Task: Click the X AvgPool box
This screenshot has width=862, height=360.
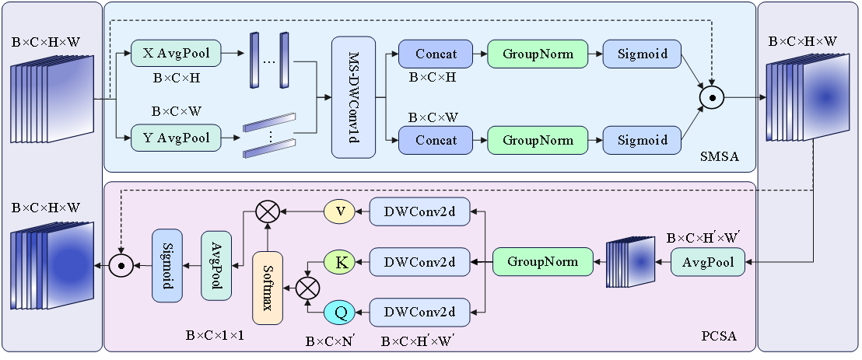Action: [177, 53]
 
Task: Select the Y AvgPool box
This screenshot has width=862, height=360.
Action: [177, 138]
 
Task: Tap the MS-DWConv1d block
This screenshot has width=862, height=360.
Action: [353, 96]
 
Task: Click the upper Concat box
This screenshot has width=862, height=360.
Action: [436, 54]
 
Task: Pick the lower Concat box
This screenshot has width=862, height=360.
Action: [436, 140]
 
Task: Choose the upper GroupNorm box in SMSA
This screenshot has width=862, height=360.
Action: [538, 54]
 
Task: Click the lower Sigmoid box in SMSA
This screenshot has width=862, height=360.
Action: [643, 140]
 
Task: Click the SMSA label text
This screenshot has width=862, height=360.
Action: [717, 159]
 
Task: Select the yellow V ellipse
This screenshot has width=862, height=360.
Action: [339, 211]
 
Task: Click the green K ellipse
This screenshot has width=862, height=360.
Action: [339, 262]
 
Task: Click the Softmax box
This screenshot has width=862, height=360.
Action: [267, 288]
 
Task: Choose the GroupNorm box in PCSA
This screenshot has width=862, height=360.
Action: [542, 261]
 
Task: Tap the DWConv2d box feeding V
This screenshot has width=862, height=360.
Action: [421, 211]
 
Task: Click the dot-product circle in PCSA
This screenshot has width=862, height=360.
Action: [120, 265]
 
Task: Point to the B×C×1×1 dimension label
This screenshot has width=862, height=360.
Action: [215, 336]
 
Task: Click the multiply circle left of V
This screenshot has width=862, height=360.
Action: [268, 211]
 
